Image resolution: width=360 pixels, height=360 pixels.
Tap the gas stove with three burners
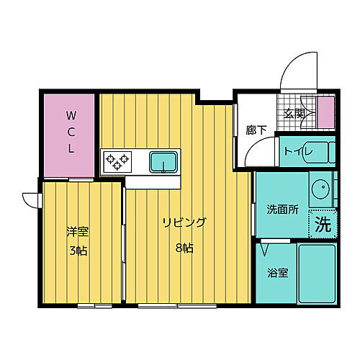[116, 160]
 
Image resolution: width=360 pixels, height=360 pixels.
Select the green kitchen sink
[165, 162]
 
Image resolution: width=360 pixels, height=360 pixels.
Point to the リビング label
[184, 222]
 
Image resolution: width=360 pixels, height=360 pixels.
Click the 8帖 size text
[184, 248]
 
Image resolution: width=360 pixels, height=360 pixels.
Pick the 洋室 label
[78, 232]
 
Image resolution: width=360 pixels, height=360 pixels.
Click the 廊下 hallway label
[256, 130]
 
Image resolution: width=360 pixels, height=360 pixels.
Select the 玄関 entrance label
[293, 113]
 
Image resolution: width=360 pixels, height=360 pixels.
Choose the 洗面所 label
[282, 210]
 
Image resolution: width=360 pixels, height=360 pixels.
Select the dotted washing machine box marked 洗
[323, 222]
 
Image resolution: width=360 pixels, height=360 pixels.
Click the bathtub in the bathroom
[317, 273]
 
